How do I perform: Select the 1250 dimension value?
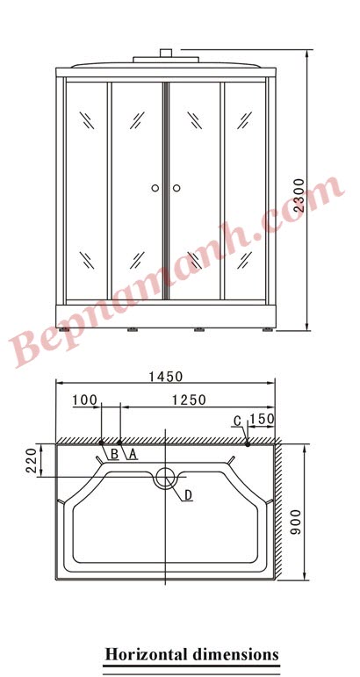187,400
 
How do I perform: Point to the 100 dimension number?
84,400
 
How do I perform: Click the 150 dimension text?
262,419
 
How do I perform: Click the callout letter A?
133,454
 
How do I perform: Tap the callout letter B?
114,454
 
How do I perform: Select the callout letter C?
237,421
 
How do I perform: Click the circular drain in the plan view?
165,479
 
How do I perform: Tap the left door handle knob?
155,187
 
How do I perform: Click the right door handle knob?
176,187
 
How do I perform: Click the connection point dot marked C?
248,443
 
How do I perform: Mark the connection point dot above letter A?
119,442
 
